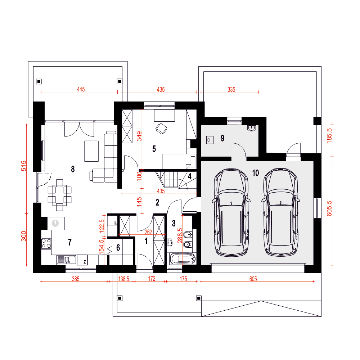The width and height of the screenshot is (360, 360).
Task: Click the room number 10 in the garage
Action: (256, 173)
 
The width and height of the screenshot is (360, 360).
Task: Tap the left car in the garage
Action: (231, 213)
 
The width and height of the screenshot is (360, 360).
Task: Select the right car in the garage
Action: (280, 212)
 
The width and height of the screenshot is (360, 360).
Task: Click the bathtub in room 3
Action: (183, 259)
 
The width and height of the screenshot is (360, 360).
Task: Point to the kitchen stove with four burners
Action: (46, 243)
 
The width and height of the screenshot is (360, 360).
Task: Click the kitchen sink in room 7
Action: (66, 260)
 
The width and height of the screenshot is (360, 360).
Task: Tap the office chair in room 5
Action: (161, 129)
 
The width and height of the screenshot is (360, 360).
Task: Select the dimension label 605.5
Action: (329, 208)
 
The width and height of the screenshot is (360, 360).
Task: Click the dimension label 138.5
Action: (123, 279)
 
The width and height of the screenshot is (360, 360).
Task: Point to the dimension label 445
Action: (81, 89)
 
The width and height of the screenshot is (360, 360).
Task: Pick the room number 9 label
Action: (222, 138)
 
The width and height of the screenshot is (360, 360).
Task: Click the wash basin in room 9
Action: (252, 128)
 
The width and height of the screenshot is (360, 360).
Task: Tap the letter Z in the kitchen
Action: (85, 261)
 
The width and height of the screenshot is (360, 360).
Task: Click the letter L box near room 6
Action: (116, 223)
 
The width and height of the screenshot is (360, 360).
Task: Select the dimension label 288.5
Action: (180, 235)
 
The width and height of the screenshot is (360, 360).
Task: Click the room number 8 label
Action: (73, 169)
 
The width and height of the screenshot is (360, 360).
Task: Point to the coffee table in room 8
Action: (91, 151)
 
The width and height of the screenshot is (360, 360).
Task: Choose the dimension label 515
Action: (24, 166)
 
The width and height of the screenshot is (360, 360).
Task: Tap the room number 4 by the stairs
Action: (190, 176)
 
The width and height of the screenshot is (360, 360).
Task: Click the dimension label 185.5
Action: (329, 136)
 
